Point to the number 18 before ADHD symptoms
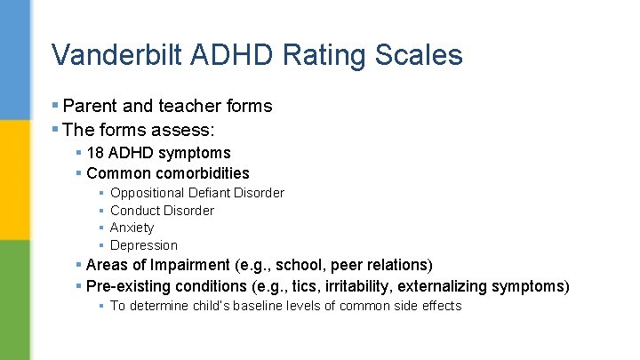(95, 153)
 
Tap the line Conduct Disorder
(162, 211)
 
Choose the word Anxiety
(132, 228)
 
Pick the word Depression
(144, 245)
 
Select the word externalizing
(450, 286)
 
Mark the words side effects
(431, 306)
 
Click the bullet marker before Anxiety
(101, 228)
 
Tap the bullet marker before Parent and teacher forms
(55, 107)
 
